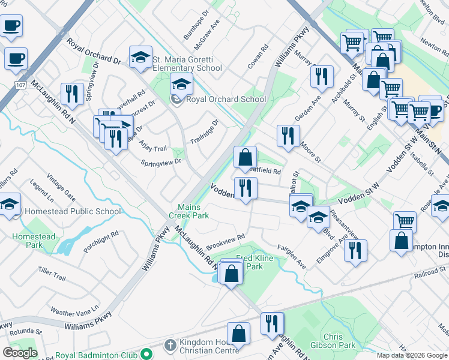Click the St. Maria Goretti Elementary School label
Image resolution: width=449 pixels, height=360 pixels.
[187, 64]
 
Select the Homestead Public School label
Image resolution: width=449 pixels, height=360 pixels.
[70, 211]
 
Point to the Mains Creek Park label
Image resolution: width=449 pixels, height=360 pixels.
[193, 211]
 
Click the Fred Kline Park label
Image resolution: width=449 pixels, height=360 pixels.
[251, 262]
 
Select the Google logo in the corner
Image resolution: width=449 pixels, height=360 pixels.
[20, 353]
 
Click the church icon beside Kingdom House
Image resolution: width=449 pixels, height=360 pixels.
[170, 345]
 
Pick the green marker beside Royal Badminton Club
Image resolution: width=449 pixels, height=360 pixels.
[144, 355]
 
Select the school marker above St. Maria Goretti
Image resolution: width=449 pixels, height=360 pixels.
[140, 57]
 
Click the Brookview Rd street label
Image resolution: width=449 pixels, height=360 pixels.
[226, 242]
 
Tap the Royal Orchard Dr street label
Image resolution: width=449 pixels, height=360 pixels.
[94, 51]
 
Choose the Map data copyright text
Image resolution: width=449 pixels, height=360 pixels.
[412, 355]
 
